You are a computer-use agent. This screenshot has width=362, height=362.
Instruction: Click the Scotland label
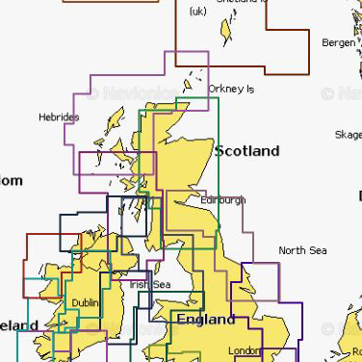point(246,151)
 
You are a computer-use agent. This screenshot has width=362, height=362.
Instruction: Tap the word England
point(204,319)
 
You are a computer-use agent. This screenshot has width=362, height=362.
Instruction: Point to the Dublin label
point(85,302)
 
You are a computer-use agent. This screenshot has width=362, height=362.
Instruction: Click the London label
point(246,350)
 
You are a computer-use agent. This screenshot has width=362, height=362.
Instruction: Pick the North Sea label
point(302,250)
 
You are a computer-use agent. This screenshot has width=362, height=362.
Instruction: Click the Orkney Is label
point(231,89)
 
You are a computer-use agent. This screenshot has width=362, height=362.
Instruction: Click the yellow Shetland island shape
point(228,31)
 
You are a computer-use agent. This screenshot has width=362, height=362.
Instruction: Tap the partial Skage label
point(347,135)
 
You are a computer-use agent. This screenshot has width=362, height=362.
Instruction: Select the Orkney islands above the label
point(197,76)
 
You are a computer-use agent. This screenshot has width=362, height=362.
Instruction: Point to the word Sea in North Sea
point(316,250)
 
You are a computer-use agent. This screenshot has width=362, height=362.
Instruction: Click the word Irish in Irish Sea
point(141,285)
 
